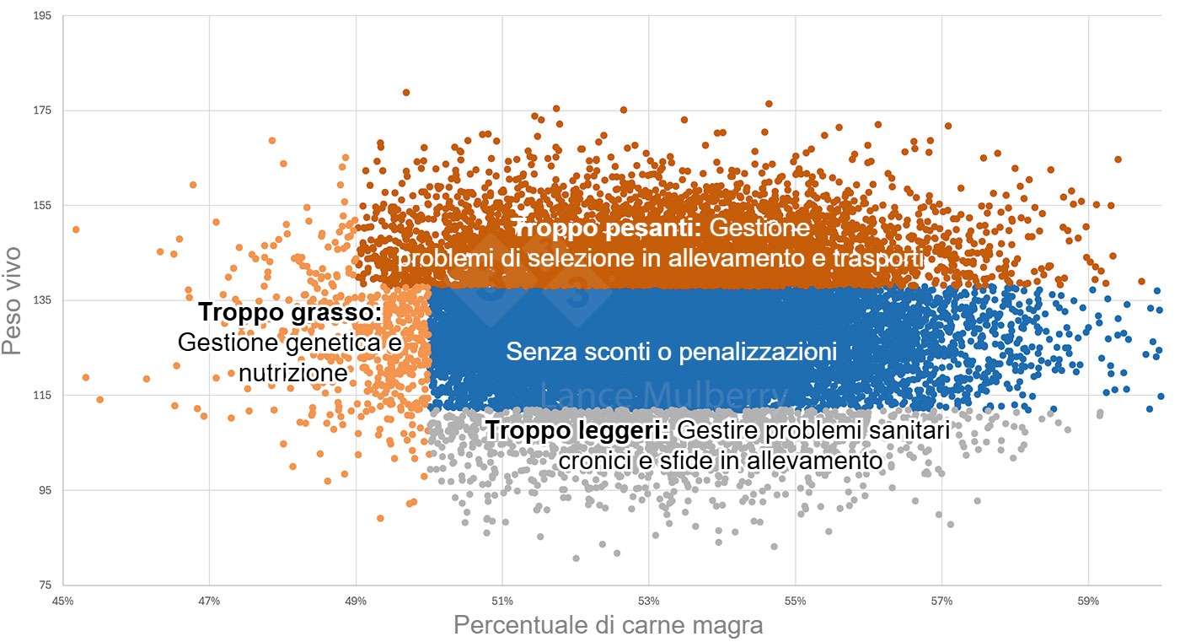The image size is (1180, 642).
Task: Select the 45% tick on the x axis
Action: (x=62, y=602)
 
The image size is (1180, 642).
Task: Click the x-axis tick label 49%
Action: (x=356, y=602)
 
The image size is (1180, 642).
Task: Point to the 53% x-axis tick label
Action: (x=649, y=602)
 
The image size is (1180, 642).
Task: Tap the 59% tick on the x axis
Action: (x=1088, y=602)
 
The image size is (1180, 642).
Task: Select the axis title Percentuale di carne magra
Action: (x=608, y=625)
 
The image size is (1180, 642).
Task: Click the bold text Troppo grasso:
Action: (x=290, y=313)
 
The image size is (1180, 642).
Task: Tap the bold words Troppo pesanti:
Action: (x=606, y=229)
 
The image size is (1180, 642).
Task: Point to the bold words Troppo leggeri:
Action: (x=577, y=431)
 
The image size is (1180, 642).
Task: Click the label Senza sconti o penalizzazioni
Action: (x=671, y=352)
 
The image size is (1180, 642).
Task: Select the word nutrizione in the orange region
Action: (x=293, y=373)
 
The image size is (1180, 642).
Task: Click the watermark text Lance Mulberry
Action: (x=664, y=395)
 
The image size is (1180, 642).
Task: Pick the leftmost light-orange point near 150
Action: (x=76, y=229)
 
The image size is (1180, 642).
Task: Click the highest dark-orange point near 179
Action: (x=406, y=93)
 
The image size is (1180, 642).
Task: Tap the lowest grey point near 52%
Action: (x=576, y=558)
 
